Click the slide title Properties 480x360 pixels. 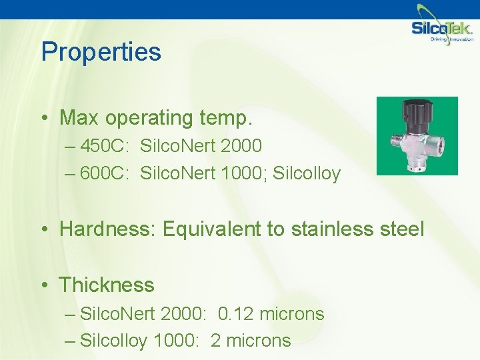click(x=101, y=52)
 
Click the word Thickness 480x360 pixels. click(x=107, y=285)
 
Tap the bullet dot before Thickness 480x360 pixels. click(x=44, y=286)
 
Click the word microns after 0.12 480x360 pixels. click(x=293, y=313)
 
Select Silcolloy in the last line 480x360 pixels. click(x=114, y=341)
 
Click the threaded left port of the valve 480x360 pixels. click(x=394, y=143)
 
